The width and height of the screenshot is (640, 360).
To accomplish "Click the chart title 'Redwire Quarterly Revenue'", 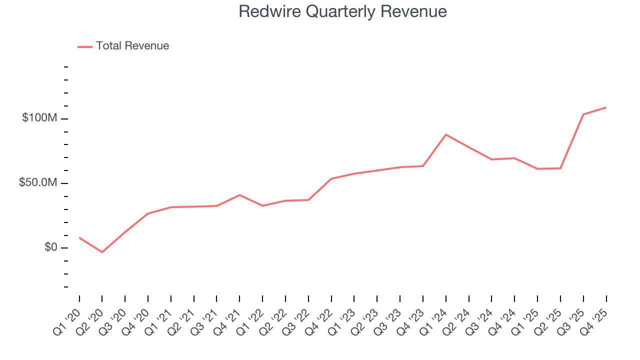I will [x=342, y=11].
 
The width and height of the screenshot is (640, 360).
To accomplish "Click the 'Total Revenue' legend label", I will [x=132, y=46].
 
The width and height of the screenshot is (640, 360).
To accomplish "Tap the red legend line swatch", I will [x=85, y=46].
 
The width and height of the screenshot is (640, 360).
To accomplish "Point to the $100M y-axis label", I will [x=39, y=118].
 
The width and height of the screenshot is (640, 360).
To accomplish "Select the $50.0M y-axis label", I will [x=38, y=183].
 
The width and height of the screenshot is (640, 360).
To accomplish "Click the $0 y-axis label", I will [x=50, y=247].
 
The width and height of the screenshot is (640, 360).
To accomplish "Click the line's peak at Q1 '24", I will [x=445, y=134].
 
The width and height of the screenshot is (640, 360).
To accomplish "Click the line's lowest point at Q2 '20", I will [x=102, y=252].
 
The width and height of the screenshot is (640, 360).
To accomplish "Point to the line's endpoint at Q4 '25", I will [x=606, y=107].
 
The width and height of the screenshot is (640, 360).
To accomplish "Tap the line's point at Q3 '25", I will [x=583, y=114].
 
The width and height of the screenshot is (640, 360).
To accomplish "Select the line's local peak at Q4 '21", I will [x=239, y=195].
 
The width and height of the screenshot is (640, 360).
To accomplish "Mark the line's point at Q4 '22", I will [x=331, y=178].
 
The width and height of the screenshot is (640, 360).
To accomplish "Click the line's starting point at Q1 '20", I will [x=79, y=237].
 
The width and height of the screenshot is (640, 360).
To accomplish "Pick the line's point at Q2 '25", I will [x=560, y=168].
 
